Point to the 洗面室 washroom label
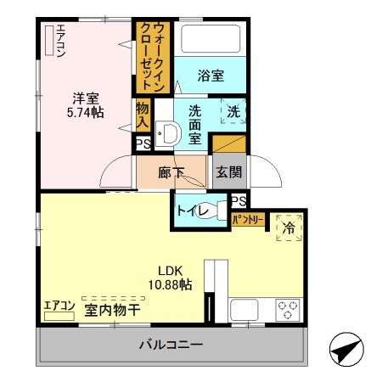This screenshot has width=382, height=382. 195,123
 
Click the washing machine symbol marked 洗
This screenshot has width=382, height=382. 233,112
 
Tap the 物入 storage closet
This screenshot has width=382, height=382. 143,115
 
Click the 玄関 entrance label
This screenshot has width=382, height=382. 228,172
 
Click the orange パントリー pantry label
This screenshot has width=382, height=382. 249,221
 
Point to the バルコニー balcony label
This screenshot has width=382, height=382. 171,345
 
